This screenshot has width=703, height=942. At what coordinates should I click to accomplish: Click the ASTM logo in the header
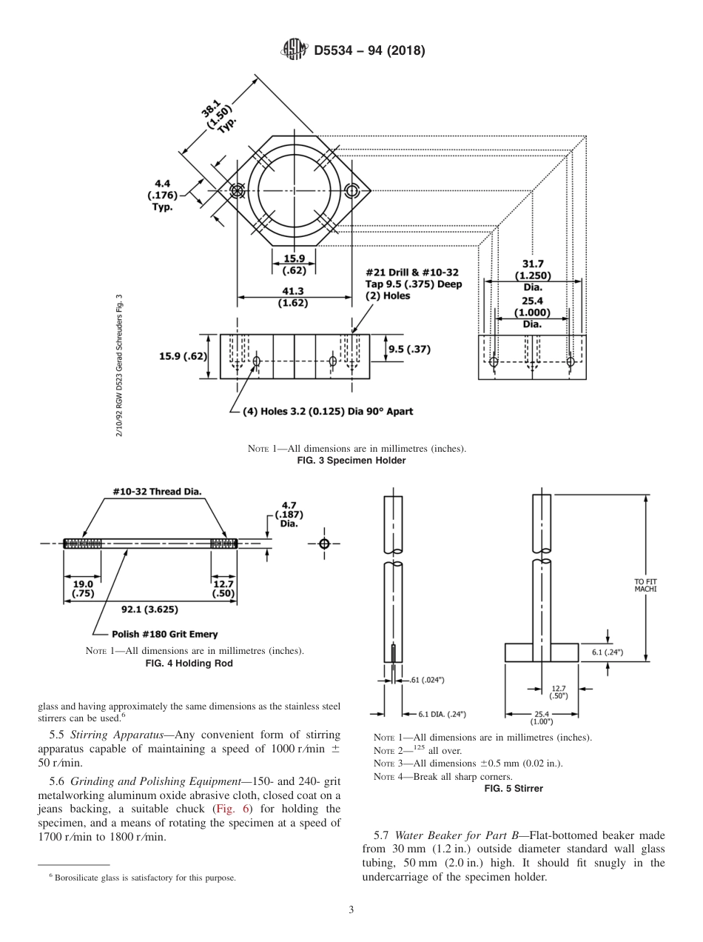(295, 50)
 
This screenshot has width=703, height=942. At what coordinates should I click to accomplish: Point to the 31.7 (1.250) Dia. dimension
(532, 275)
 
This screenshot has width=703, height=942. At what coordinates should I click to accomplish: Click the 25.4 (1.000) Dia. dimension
(532, 312)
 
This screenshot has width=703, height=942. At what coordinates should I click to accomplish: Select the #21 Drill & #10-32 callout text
(412, 284)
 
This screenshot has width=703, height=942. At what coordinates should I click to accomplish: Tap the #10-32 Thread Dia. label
(157, 492)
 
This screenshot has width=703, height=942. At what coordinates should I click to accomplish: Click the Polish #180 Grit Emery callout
(164, 634)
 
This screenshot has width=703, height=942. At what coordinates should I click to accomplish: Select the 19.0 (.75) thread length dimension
(82, 589)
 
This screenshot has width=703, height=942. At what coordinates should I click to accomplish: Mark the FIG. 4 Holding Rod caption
(192, 664)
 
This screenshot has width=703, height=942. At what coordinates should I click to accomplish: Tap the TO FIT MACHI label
(645, 585)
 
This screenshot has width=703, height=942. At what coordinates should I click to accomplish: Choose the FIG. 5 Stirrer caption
(513, 789)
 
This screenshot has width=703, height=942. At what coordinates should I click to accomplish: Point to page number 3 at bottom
(351, 910)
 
